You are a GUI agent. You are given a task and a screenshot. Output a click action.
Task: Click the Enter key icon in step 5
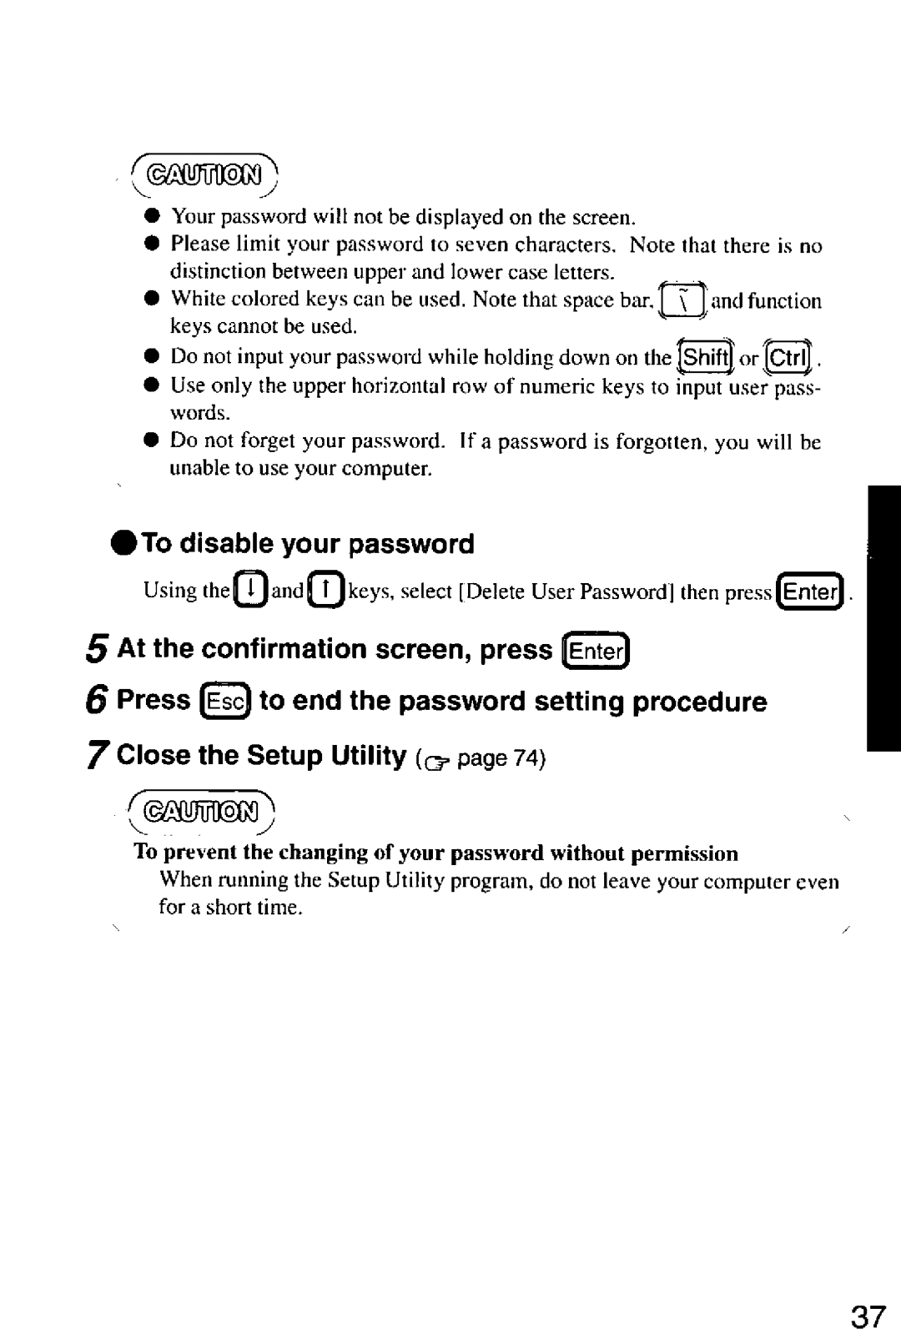coord(596,650)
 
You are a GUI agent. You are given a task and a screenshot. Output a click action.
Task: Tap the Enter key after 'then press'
coord(810,591)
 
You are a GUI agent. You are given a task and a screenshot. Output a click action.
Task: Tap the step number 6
coord(98,702)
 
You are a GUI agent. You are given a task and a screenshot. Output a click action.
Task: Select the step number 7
coord(98,756)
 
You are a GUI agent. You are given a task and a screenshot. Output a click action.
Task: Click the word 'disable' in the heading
coord(227,543)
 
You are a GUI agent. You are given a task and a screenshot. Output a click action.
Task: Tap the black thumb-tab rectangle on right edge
coord(883,617)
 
